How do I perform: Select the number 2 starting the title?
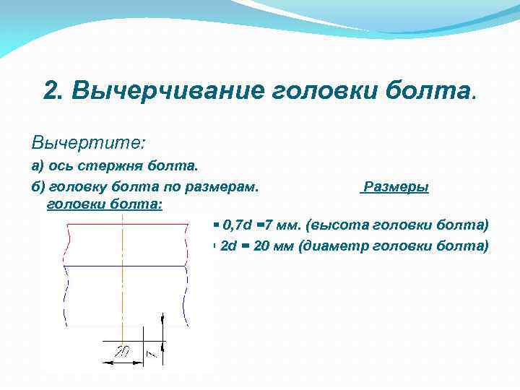tap(51, 92)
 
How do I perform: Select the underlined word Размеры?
tap(396, 187)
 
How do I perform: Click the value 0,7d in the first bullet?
tap(238, 225)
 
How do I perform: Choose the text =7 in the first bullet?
tap(264, 225)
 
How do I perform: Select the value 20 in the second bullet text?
tap(262, 246)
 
